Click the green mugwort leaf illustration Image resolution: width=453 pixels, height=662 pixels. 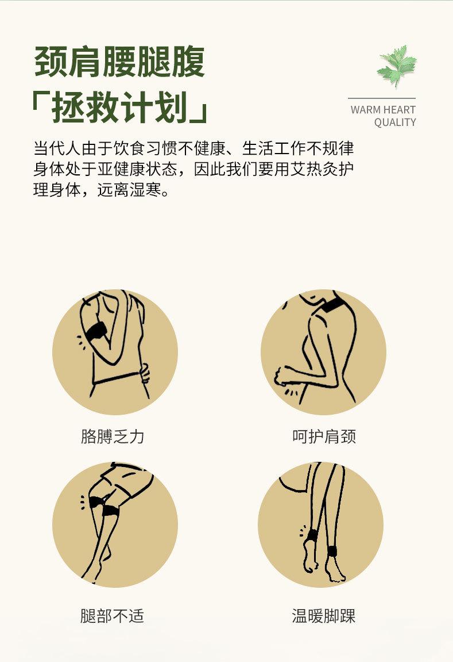(x=397, y=65)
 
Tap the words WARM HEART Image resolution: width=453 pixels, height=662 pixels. (x=383, y=109)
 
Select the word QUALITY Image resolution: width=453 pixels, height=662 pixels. (x=394, y=122)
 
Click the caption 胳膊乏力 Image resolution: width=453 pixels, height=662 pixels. (x=113, y=437)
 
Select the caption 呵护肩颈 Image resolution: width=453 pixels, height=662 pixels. (x=324, y=437)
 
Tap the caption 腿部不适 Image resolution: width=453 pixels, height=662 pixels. (x=113, y=616)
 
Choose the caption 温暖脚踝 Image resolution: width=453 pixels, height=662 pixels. (x=324, y=616)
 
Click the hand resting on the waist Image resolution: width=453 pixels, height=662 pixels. (x=144, y=373)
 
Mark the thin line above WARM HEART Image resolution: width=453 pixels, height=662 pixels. (x=381, y=98)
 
